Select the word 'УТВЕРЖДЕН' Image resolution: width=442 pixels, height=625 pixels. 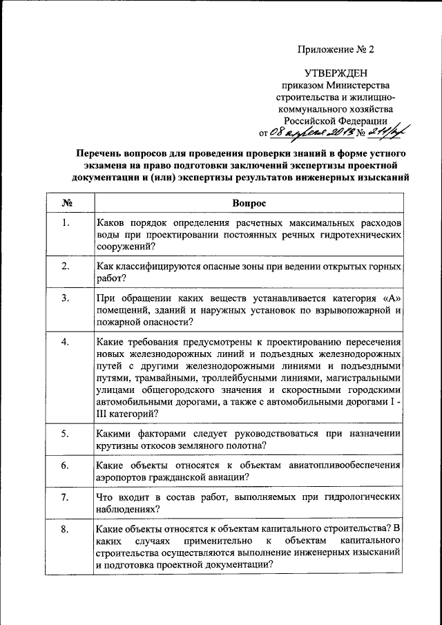336,73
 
